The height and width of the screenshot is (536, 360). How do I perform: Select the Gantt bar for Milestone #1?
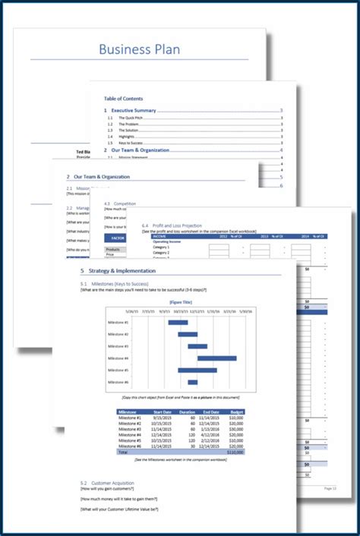tap(178, 323)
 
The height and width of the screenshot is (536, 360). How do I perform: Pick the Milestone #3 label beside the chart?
tap(118, 346)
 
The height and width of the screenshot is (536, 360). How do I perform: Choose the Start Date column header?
tap(163, 413)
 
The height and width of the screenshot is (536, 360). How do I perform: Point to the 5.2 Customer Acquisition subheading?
tap(112, 482)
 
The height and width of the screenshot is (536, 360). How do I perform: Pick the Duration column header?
tap(188, 413)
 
